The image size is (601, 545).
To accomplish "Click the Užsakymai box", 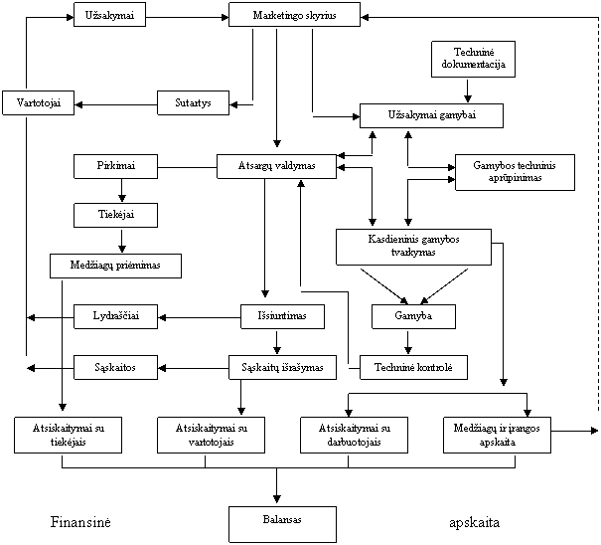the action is coord(109,15).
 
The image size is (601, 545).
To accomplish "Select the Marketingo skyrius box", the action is coord(294,15).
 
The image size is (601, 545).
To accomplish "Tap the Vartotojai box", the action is coord(38,102).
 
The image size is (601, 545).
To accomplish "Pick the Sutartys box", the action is coord(193,102).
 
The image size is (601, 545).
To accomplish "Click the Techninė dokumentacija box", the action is coord(474,59).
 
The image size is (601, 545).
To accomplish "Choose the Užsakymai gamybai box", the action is coord(431,115).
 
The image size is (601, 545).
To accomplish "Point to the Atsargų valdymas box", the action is coord(277,166).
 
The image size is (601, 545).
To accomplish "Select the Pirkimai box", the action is coord(116,166).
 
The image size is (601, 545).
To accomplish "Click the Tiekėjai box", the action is coord(116,215).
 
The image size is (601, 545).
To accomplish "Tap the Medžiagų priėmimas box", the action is coord(116,266).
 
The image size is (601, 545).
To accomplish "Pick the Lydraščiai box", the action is coord(116,316).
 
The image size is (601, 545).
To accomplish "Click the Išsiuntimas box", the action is coord(282,316).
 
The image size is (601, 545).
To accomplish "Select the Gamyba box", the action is coord(414,316).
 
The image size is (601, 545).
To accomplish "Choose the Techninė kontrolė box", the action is coord(414,367).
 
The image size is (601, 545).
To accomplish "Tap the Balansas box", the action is coord(283,524).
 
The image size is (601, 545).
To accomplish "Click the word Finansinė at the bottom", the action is coord(80,522).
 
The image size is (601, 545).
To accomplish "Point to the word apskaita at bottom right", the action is coord(475,523).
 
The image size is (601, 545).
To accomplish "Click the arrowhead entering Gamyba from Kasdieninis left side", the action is coord(404,300).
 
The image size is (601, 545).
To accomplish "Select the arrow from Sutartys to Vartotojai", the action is coord(116,104).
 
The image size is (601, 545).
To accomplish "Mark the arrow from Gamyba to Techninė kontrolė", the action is coord(408,342).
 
